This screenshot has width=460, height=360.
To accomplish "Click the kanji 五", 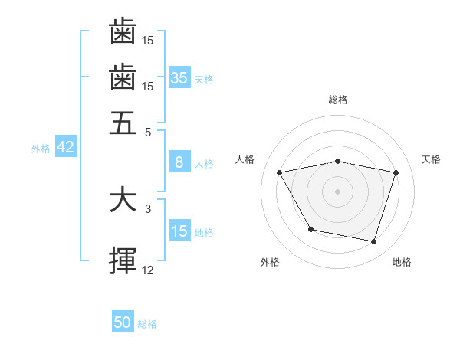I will (x=123, y=122).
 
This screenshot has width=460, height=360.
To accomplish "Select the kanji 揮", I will (x=123, y=261).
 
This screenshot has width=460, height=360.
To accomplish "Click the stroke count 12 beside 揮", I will (x=148, y=270).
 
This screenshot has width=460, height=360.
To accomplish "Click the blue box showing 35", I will (x=179, y=77).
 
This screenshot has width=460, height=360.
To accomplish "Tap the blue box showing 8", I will (x=179, y=162).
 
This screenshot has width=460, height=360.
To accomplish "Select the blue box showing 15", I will (x=179, y=231).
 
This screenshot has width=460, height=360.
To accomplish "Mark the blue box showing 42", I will (x=65, y=148).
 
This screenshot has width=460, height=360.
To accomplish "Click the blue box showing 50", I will (x=123, y=322).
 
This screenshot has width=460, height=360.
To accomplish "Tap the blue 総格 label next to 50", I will (x=147, y=324).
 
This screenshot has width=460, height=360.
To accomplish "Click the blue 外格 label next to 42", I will (x=41, y=149).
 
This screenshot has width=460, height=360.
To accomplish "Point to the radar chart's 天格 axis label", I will (x=432, y=159).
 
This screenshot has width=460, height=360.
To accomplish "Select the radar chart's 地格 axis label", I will (x=402, y=262).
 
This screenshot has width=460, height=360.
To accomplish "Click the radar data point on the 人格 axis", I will (x=280, y=172).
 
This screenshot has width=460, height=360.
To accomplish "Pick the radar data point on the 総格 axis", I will (x=338, y=161).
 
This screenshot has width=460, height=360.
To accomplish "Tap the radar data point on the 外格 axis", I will (x=310, y=229).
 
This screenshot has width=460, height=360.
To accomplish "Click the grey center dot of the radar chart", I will (x=338, y=191).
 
